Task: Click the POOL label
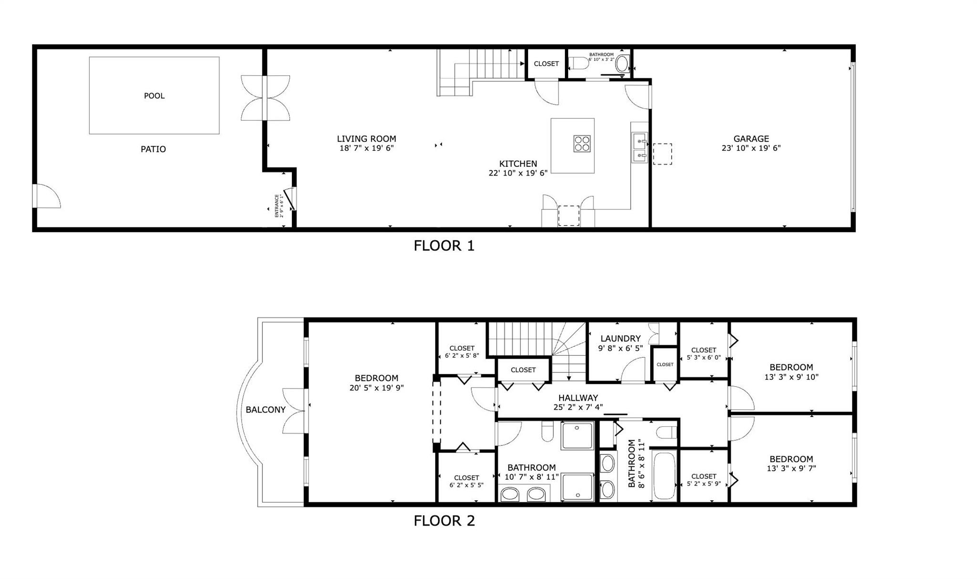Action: click(154, 96)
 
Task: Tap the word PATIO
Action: click(153, 149)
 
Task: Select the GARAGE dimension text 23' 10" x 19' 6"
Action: click(751, 148)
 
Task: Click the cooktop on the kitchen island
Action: click(582, 144)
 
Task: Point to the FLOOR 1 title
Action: click(444, 246)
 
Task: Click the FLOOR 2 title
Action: click(444, 520)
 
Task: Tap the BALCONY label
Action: click(266, 410)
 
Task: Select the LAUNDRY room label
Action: click(620, 339)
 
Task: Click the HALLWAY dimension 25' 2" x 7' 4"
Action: click(578, 407)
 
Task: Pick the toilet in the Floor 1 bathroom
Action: click(579, 63)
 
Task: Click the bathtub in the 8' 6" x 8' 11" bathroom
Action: click(664, 476)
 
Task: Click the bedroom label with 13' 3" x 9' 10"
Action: click(791, 372)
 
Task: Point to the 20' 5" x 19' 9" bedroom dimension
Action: click(376, 388)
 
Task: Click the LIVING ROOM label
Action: click(366, 139)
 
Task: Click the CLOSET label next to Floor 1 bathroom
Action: click(546, 63)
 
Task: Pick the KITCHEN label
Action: click(518, 164)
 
